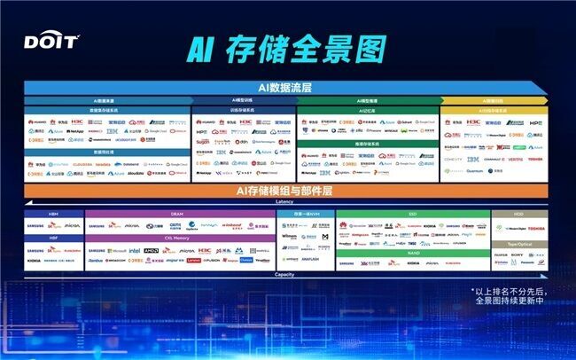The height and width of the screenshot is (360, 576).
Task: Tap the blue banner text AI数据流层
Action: coord(285,87)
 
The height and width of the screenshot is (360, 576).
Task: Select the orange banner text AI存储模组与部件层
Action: coord(285,191)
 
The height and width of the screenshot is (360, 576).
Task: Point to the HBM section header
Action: coord(54,214)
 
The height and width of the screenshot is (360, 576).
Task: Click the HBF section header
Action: coord(54,239)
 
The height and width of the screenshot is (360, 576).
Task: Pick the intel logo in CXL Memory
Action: coord(135,251)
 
